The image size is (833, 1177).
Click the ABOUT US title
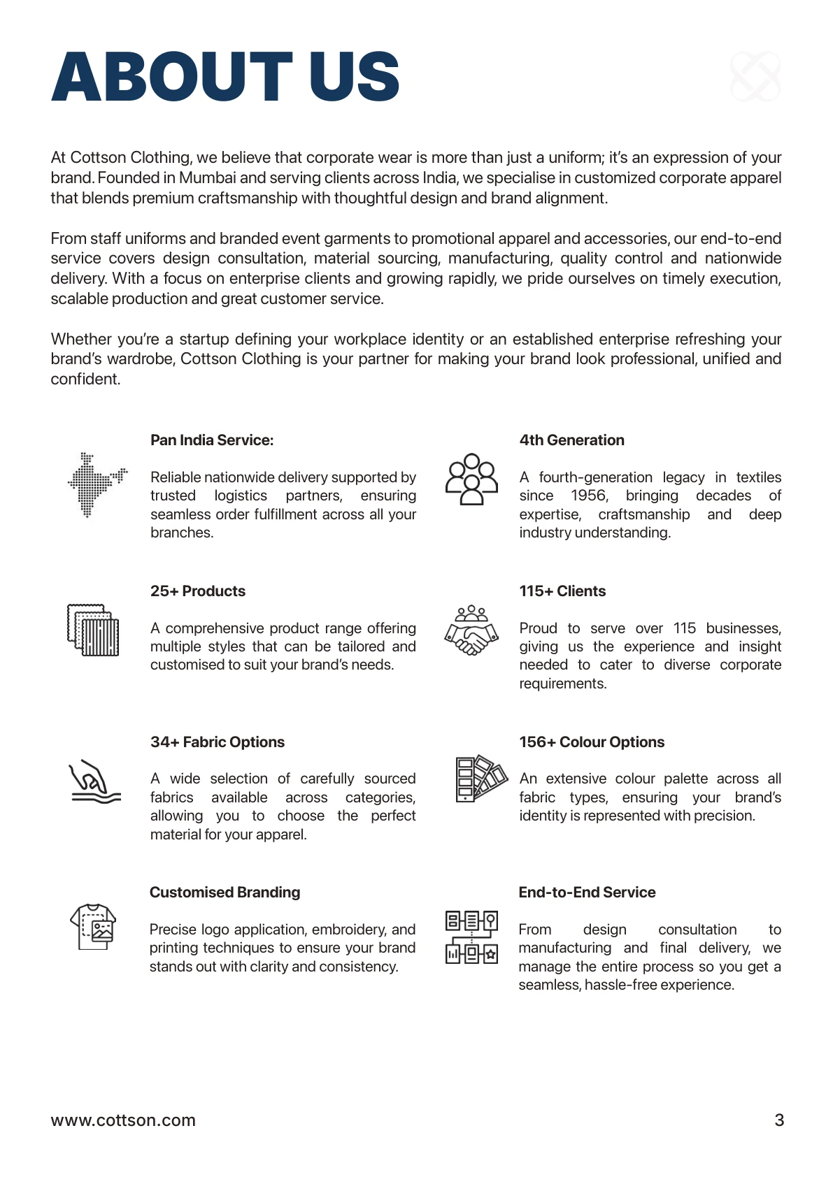(225, 77)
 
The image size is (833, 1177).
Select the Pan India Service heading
(212, 440)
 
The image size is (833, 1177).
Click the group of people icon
(471, 479)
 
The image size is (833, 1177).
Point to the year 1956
(589, 496)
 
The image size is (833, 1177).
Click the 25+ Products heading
(198, 591)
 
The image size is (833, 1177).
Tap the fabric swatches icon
(93, 630)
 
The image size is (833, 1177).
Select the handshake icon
(471, 630)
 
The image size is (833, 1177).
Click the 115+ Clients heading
(562, 591)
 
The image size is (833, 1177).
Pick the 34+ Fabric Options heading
(218, 742)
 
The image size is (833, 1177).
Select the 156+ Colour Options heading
(592, 742)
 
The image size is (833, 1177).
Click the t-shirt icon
(93, 926)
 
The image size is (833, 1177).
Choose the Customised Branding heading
(225, 893)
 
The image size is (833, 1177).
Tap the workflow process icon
(471, 937)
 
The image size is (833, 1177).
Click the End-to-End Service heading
(587, 893)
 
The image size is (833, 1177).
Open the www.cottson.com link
(123, 1120)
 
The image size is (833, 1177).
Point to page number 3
(779, 1120)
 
